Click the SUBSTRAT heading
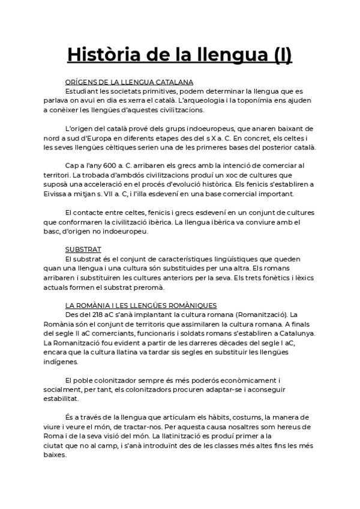pyautogui.click(x=83, y=248)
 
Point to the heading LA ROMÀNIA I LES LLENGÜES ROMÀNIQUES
pyautogui.click(x=141, y=306)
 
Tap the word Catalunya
pyautogui.click(x=295, y=333)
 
